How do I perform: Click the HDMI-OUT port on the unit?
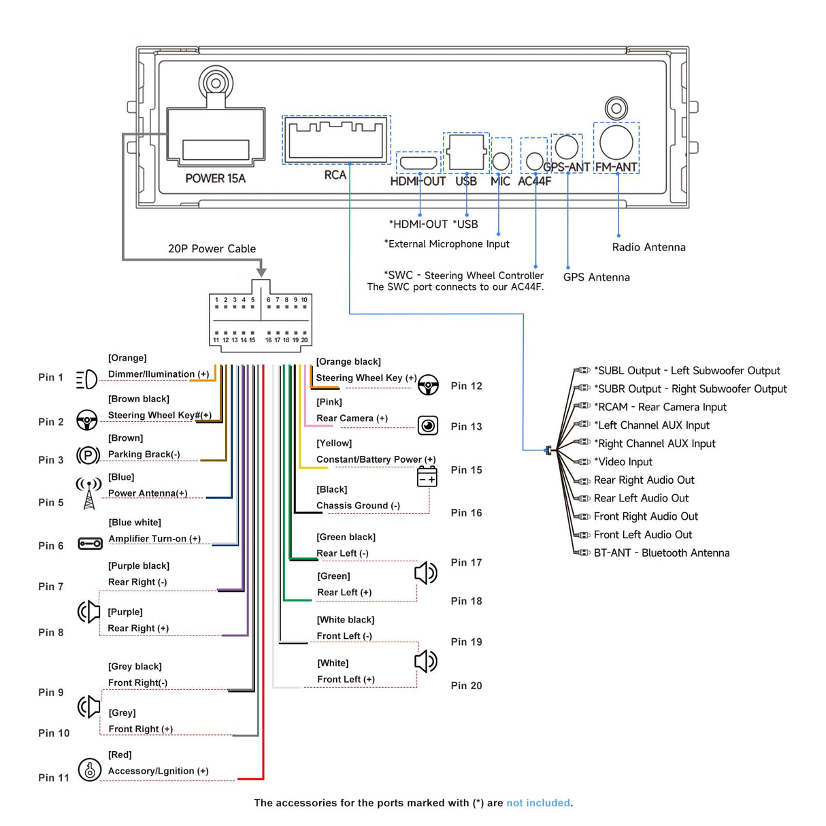pos(418,163)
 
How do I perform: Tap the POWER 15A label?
pos(215,178)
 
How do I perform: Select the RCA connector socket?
pos(336,139)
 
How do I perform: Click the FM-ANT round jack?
pos(616,142)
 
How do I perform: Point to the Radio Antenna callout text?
pos(648,248)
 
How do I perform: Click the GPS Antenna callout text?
pos(596,278)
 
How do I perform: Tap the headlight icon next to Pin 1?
pos(86,379)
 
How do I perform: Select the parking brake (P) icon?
pos(88,455)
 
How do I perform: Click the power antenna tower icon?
pos(88,493)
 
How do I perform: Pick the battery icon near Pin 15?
pos(427,477)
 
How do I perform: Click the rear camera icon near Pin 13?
pos(428,426)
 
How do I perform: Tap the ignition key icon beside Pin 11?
pos(89,770)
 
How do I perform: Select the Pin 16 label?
pos(466,513)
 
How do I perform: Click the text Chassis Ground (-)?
pos(358,506)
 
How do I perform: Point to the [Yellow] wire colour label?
pos(334,444)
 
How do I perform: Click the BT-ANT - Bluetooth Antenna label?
pos(661,553)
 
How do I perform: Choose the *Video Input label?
pos(623,462)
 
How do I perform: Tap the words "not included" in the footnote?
pos(538,803)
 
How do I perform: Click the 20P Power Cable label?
pos(212,249)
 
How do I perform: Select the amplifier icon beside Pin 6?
pos(90,544)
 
